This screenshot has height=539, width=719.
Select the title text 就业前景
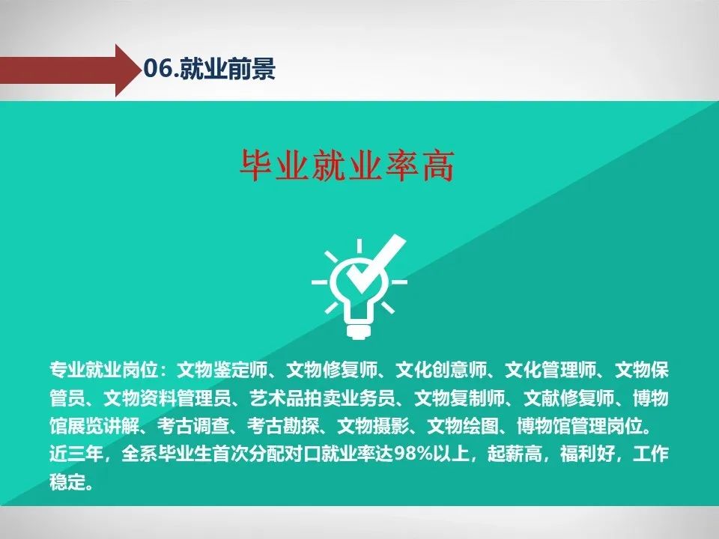[228, 69]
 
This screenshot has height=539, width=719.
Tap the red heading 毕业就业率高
[347, 165]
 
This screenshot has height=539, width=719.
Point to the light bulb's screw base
[359, 331]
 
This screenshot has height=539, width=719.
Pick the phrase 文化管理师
[550, 370]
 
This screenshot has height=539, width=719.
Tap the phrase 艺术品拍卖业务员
[322, 398]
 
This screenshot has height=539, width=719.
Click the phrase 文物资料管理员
[167, 398]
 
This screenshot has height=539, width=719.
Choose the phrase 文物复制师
[459, 398]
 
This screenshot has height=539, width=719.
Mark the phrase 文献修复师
[568, 398]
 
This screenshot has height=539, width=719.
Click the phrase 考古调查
[193, 426]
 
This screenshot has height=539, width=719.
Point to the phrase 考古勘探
[283, 426]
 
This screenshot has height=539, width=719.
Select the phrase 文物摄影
[373, 426]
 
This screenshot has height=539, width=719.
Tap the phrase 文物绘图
[463, 426]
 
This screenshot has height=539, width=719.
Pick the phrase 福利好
[586, 454]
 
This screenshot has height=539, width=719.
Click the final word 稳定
[67, 482]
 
